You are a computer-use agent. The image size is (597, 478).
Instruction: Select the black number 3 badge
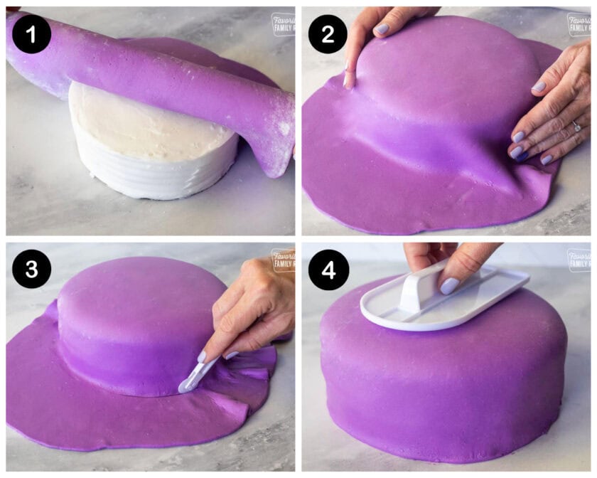point(31,269)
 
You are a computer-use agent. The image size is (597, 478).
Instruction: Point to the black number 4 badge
point(327,269)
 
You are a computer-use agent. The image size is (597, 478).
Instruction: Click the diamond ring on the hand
point(576,126)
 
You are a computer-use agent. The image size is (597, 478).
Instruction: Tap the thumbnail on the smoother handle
point(449,285)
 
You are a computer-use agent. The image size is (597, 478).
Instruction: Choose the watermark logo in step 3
point(282,260)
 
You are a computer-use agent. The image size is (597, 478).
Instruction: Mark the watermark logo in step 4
point(579,260)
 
